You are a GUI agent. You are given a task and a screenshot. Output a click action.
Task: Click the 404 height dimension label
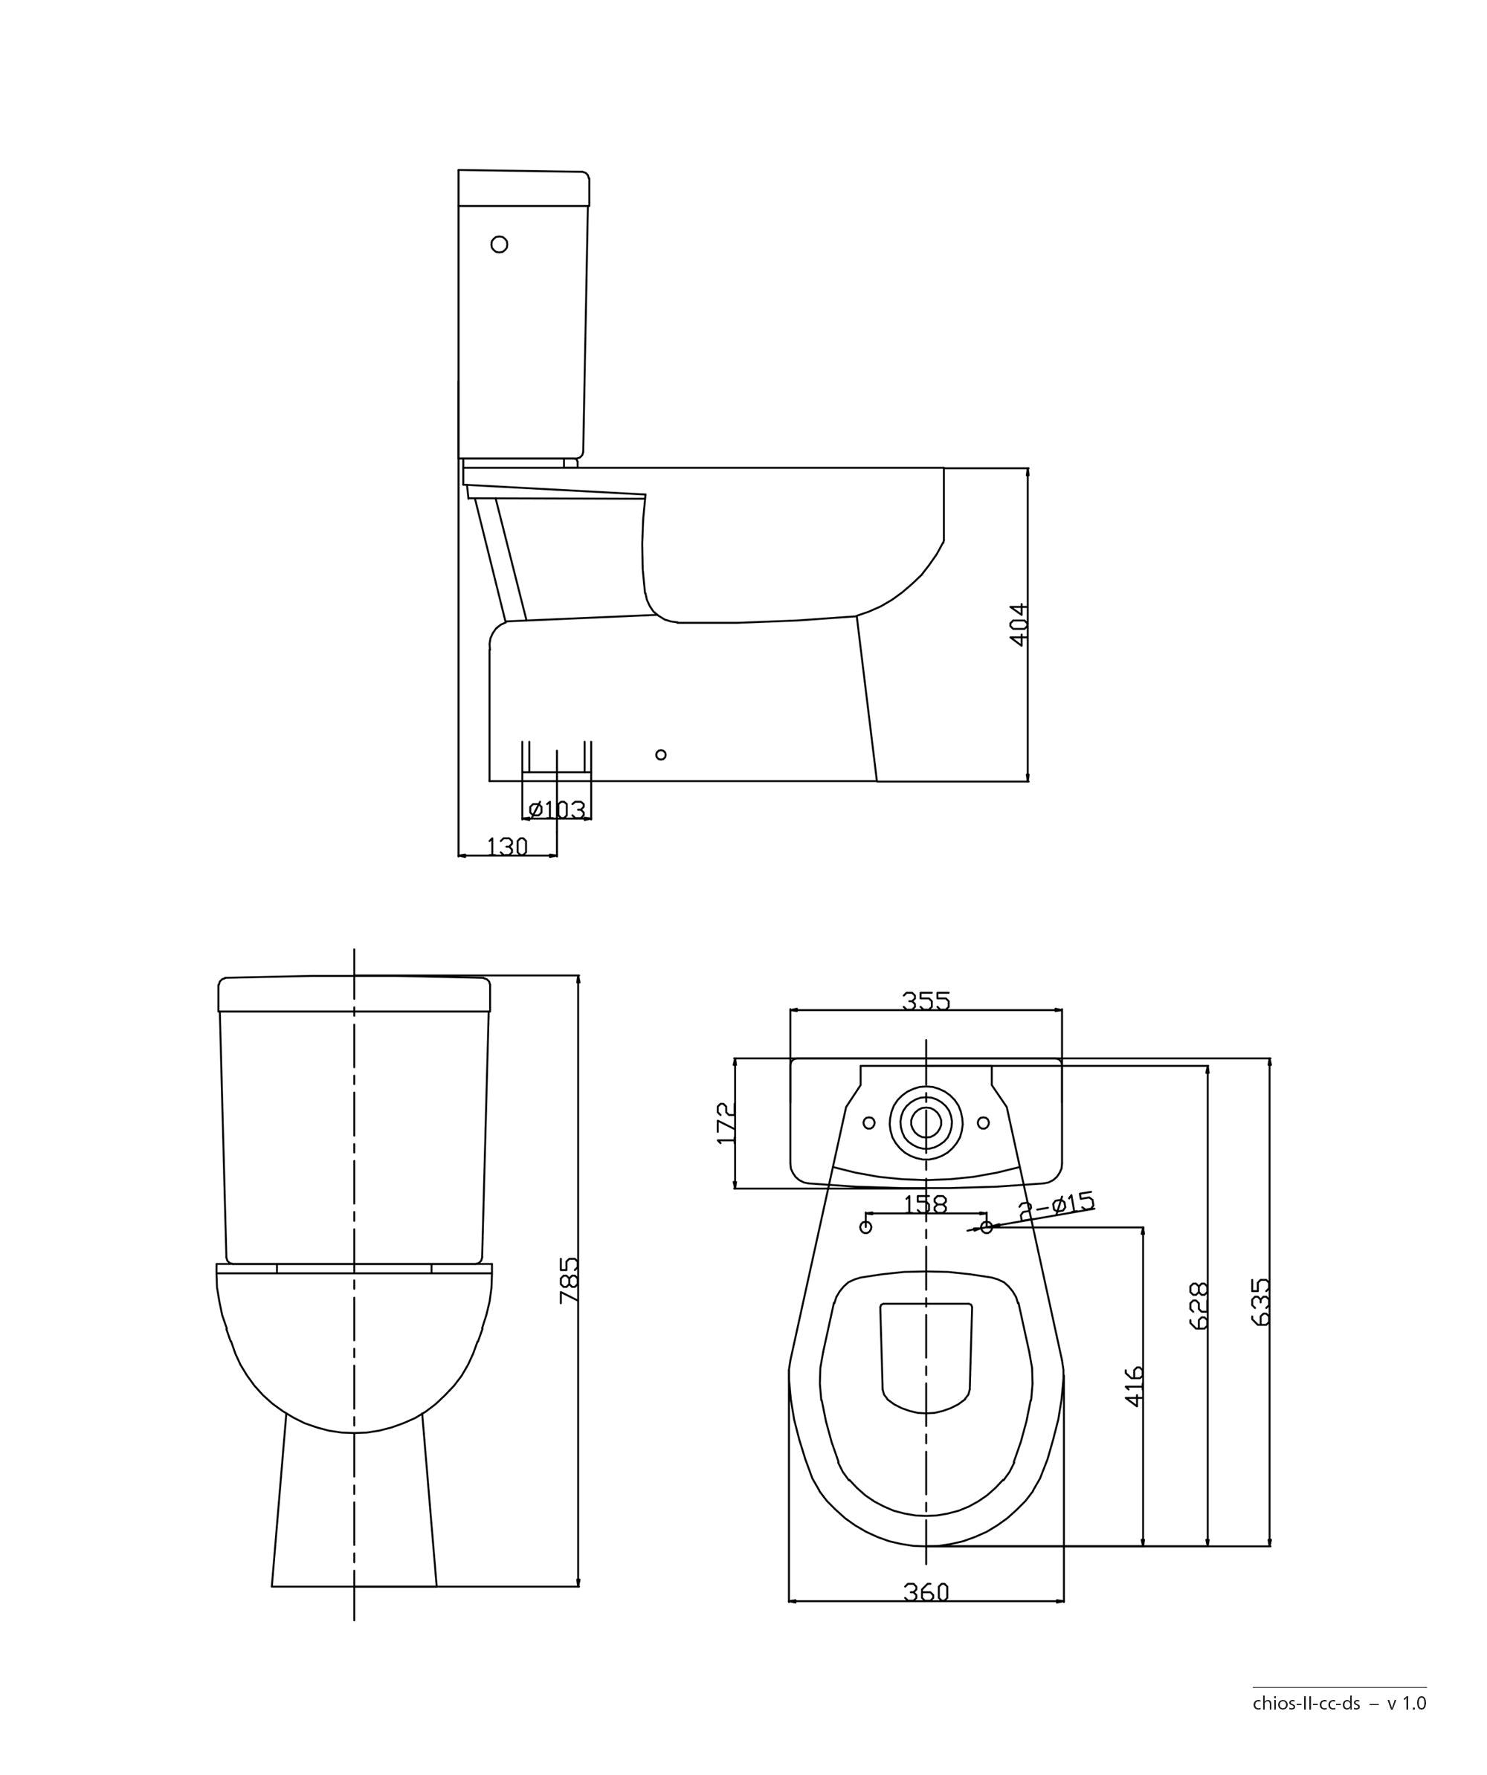point(1019,624)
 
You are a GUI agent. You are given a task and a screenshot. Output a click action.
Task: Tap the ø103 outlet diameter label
point(556,809)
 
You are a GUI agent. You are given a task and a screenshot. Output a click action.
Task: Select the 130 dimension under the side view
point(507,846)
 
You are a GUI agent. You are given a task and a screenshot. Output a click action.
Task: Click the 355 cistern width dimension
point(926,1000)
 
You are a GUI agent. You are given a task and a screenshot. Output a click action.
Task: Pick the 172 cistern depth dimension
point(726,1122)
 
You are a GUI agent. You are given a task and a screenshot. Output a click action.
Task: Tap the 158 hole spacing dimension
point(925,1204)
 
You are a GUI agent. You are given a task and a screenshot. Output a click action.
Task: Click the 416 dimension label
point(1134,1386)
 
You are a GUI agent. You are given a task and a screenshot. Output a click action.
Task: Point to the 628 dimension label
point(1198,1306)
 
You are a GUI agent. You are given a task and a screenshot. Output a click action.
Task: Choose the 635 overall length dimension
point(1259,1302)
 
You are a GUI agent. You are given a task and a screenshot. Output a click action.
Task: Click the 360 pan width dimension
point(926,1592)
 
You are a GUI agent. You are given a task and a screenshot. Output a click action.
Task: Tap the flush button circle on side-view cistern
point(499,245)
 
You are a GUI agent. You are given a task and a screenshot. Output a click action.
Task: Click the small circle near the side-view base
point(660,754)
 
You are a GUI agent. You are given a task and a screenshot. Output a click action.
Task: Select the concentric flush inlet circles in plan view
point(926,1122)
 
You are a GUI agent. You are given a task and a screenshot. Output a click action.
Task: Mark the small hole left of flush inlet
point(868,1122)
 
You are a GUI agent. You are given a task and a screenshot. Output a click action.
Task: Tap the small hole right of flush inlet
point(982,1122)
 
